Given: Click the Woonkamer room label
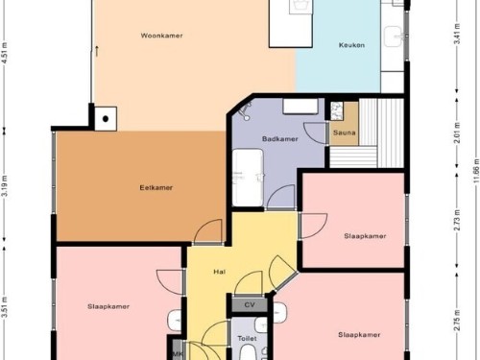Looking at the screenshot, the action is point(161,36).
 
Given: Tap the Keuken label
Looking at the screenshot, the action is point(351,45).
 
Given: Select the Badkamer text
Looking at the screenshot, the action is point(280,139).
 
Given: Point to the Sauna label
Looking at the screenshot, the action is point(345,132).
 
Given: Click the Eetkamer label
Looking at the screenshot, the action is point(156,188).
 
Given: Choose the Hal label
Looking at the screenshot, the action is point(220,272).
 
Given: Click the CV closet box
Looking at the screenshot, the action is point(250,305).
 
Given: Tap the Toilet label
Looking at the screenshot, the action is point(247,338).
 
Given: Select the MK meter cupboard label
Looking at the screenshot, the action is point(178,354).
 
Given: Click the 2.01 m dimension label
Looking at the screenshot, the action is point(458,133).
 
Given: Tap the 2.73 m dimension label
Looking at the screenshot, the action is point(458,220).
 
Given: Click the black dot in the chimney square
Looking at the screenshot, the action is point(106,119).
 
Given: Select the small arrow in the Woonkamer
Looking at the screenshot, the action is point(97,51).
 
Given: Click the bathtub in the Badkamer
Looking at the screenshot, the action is point(248,178).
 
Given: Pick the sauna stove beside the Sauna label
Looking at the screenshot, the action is point(336,110).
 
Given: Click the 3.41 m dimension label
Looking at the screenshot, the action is point(458,35).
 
